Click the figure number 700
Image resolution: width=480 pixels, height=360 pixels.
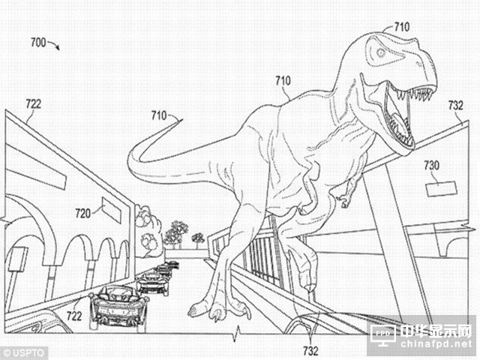click(38, 42)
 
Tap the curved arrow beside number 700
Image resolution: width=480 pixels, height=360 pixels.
click(53, 45)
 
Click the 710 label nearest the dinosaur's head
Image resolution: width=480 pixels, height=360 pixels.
click(402, 27)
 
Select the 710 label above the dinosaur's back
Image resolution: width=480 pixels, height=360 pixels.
click(283, 81)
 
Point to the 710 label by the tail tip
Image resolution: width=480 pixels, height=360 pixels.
click(159, 115)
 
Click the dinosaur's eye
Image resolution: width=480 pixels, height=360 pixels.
click(380, 52)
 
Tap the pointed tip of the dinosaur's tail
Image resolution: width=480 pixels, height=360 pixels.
click(182, 119)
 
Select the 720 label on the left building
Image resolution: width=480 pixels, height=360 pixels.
click(83, 213)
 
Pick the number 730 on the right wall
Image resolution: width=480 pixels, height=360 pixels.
click(431, 165)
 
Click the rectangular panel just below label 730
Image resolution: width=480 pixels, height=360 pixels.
click(441, 188)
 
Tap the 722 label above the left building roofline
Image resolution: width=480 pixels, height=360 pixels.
click(33, 104)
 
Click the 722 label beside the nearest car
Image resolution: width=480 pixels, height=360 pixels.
click(74, 316)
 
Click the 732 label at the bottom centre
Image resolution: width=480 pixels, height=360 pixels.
click(310, 351)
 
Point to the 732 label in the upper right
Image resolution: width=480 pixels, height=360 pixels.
click(456, 105)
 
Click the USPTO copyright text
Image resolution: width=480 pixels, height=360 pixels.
click(24, 353)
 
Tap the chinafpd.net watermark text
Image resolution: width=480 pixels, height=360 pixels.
click(436, 344)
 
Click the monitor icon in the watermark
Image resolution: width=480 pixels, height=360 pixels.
click(383, 334)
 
